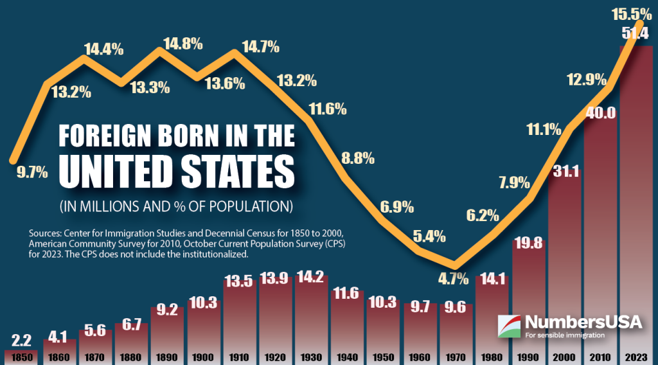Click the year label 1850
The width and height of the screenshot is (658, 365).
click(21, 357)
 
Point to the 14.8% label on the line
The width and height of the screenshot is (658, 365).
click(182, 44)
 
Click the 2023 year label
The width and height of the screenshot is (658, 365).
click(635, 357)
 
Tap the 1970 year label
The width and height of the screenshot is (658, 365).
click(455, 357)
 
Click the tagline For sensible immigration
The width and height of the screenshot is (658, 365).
click(565, 335)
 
